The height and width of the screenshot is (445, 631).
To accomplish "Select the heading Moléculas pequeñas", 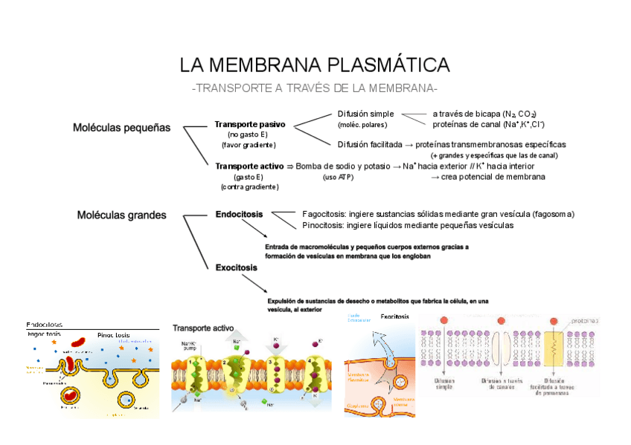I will [x=121, y=127].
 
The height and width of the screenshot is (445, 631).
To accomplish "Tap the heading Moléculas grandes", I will [x=122, y=215].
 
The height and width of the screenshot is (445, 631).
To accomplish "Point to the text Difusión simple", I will [x=365, y=114].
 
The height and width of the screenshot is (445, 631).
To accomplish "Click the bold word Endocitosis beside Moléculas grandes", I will [x=239, y=214].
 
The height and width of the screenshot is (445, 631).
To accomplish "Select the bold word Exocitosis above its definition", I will [x=237, y=267].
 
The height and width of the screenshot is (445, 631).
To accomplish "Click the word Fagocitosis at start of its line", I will [x=325, y=214].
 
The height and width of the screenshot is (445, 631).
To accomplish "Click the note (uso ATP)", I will [x=339, y=178].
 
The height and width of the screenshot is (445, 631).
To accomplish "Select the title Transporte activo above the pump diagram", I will [x=203, y=328].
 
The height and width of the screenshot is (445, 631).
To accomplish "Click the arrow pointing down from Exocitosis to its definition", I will [x=254, y=282].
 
